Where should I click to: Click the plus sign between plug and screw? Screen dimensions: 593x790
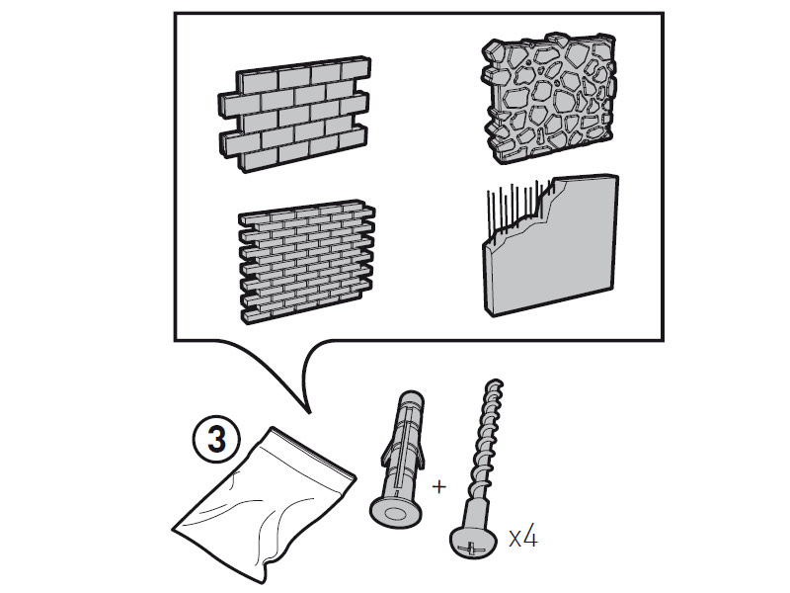coord(439,486)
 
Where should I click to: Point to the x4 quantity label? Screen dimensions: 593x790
coord(523,538)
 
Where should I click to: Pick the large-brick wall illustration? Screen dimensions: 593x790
coord(291,111)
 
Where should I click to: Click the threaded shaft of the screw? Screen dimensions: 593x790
coord(481,445)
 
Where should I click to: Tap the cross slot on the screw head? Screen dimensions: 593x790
coord(469,541)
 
